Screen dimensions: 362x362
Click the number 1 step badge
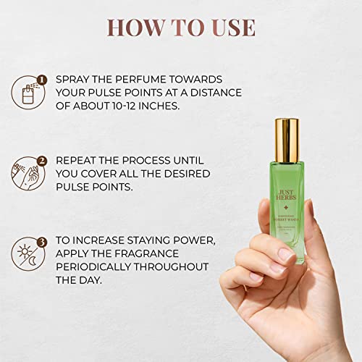(x=43, y=80)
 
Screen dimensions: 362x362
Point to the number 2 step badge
(x=42, y=162)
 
